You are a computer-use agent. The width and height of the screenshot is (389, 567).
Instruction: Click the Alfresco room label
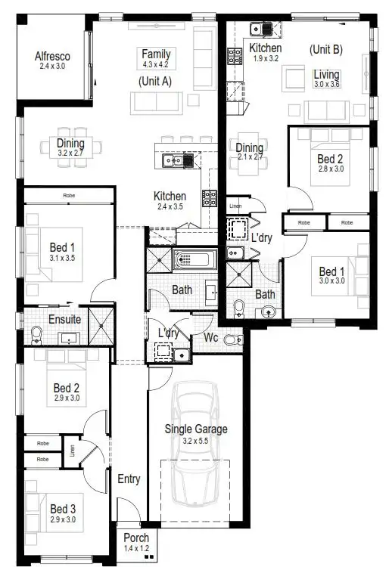tap(53, 56)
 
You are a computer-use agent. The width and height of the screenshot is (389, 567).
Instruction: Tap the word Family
tap(156, 54)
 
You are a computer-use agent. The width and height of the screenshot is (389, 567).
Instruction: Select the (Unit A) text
tap(155, 80)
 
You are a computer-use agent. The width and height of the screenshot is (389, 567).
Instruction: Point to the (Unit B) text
tap(326, 49)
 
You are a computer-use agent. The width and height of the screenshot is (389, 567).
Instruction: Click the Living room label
tap(327, 74)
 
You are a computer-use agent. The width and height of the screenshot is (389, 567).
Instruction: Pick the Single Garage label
tap(196, 429)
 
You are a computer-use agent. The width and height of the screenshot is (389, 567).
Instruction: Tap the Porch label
tap(137, 538)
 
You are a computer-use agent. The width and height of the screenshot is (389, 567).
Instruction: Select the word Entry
tap(129, 479)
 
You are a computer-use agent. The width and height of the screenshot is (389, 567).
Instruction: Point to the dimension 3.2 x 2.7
tap(70, 153)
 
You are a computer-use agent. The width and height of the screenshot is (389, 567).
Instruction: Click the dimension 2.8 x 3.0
tap(330, 169)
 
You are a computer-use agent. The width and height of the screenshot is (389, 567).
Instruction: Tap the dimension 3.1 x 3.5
tap(62, 258)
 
